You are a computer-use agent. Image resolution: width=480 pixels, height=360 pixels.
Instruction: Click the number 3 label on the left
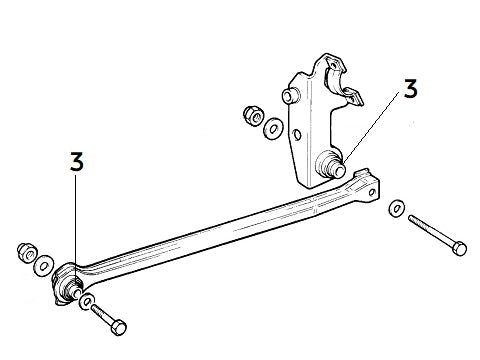[x=76, y=163]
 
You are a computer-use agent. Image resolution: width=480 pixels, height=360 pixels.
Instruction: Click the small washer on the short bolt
[x=88, y=301]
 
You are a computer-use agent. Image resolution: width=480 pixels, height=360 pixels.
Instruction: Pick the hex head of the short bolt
[x=120, y=328]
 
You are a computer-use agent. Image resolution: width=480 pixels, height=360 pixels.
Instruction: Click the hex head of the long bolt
[x=459, y=246]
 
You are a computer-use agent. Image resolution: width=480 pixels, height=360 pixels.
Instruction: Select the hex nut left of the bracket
[x=252, y=115]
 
